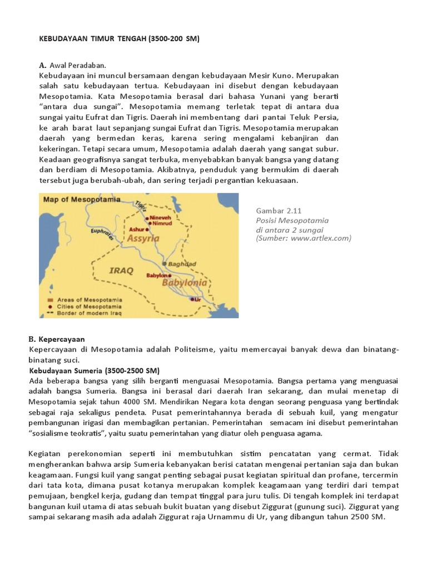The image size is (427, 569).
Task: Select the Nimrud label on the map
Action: pyautogui.click(x=161, y=223)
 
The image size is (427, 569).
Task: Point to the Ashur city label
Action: pyautogui.click(x=136, y=229)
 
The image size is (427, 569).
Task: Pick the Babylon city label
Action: pyautogui.click(x=156, y=275)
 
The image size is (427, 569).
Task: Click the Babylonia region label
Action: pyautogui.click(x=185, y=283)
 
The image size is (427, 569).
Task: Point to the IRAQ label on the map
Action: pyautogui.click(x=121, y=271)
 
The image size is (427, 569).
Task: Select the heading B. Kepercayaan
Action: pyautogui.click(x=56, y=338)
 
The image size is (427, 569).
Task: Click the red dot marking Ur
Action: pyautogui.click(x=192, y=299)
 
